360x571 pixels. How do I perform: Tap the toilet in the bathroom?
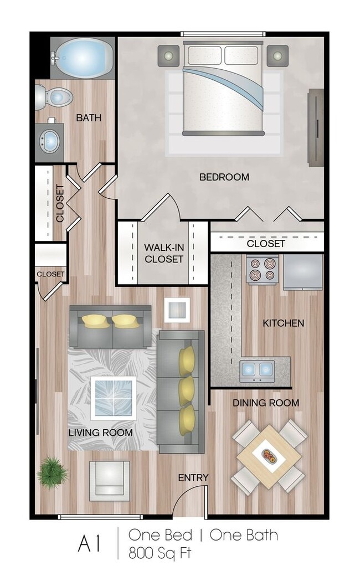(x=55, y=98)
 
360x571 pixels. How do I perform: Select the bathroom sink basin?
(x=50, y=141)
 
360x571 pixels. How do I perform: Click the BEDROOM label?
(x=224, y=177)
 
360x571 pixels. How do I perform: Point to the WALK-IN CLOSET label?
(x=163, y=253)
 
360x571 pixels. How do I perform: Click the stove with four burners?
(x=262, y=270)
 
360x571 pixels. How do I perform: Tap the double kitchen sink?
(x=257, y=369)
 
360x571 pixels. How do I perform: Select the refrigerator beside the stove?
(x=302, y=271)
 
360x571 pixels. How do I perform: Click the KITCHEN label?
(x=283, y=323)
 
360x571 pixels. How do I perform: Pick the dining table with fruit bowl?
(x=269, y=456)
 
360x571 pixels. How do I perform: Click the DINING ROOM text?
(x=265, y=403)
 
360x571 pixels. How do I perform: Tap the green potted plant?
(x=53, y=472)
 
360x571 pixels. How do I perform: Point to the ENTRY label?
(x=193, y=477)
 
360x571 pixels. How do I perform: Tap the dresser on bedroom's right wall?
(x=315, y=127)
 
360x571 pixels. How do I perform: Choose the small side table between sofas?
(x=177, y=309)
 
